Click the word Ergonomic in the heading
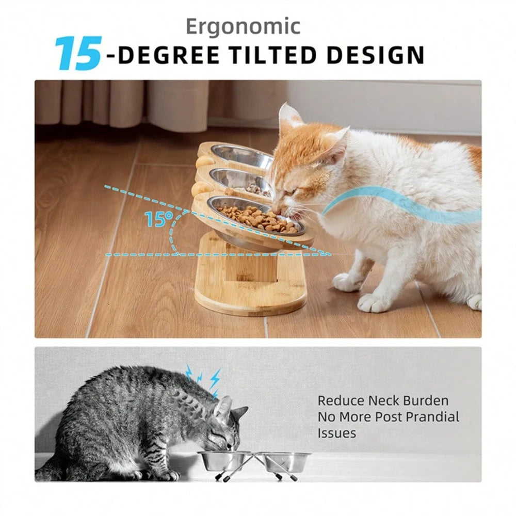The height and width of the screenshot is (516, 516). click(x=243, y=27)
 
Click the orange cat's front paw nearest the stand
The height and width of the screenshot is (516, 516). click(x=347, y=282)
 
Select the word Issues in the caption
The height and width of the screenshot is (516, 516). click(x=336, y=433)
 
